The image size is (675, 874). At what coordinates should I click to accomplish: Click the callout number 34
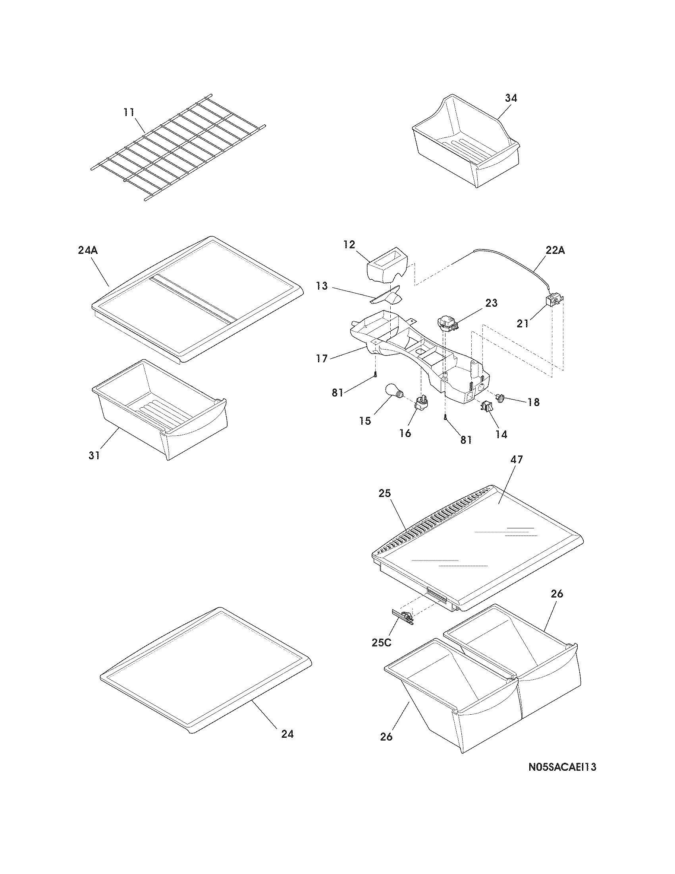[510, 98]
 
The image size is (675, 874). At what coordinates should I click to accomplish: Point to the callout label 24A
[88, 251]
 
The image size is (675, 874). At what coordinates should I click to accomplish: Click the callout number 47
[517, 460]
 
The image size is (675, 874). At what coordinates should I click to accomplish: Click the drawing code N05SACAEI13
[562, 778]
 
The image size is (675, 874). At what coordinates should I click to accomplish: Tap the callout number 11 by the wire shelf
[129, 112]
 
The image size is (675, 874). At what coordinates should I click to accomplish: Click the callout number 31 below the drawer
[94, 455]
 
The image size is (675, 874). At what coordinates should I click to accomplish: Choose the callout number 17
[322, 359]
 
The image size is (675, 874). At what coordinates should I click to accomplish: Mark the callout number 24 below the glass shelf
[287, 734]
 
